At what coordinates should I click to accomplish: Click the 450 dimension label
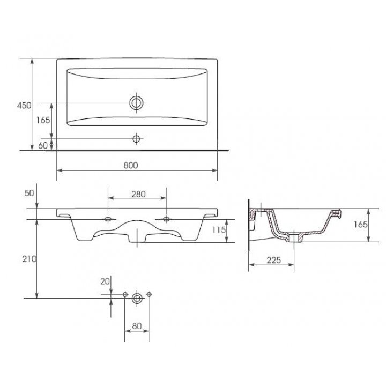click(24, 106)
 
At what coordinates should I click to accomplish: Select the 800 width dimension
click(131, 166)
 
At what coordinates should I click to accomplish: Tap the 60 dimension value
click(43, 145)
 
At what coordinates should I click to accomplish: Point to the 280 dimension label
click(138, 194)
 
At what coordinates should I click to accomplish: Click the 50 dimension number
click(29, 193)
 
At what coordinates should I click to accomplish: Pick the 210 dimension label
click(29, 259)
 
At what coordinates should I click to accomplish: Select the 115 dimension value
click(219, 230)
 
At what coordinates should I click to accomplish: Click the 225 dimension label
click(274, 260)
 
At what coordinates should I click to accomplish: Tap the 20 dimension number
click(105, 281)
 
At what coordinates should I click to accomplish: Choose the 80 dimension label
click(137, 326)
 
